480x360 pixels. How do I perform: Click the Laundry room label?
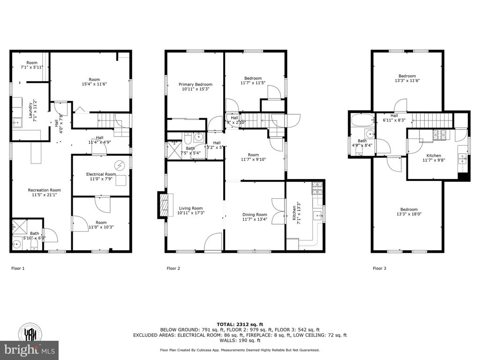coord(30,109)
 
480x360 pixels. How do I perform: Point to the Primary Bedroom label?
coord(195,84)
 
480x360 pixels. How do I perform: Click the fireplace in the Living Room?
coord(163,206)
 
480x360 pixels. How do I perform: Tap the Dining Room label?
coord(255,214)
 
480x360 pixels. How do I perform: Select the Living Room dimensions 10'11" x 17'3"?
coord(191,213)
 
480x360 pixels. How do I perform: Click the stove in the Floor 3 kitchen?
coord(441,135)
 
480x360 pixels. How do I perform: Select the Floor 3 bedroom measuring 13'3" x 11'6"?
coord(407,78)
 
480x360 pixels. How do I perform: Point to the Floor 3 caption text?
coord(380,269)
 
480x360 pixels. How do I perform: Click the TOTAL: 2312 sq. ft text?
coord(240,324)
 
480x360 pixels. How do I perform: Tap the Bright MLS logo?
coord(29,349)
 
